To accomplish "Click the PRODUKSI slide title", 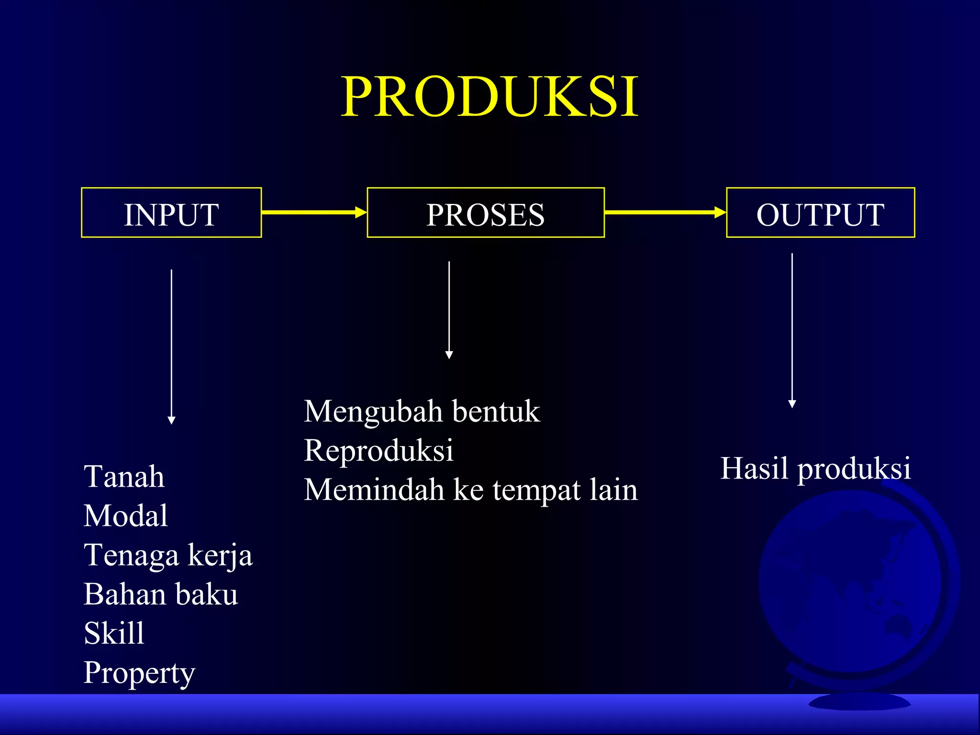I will click(490, 97).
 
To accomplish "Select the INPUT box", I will click(171, 213).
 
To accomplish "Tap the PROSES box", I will click(486, 213).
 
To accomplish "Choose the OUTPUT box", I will click(820, 213).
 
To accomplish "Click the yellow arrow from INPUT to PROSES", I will click(314, 212).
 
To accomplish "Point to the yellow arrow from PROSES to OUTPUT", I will click(665, 212).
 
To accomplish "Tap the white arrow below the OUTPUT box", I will click(792, 330).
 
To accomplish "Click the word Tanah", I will click(124, 477).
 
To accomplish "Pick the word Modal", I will click(126, 516).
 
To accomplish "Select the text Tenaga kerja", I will click(168, 556).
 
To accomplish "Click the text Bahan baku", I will click(161, 594).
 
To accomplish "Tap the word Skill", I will click(114, 634).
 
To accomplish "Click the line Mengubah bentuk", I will click(422, 412).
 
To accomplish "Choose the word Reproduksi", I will click(379, 450).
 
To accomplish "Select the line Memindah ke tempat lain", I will click(471, 490).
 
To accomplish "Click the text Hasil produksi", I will click(815, 468).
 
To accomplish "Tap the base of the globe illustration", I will click(859, 702).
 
